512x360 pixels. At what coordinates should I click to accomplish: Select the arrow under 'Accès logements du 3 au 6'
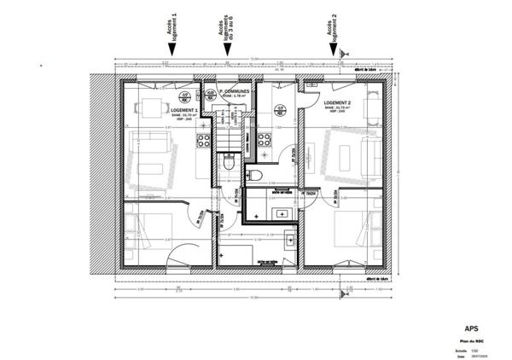tap(227, 50)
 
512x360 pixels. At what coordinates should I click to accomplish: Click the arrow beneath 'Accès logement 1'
tap(172, 50)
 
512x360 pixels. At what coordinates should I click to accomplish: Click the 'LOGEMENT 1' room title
tap(183, 111)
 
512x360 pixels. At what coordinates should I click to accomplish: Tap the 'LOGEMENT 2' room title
tap(339, 102)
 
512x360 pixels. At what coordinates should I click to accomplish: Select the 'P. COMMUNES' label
tap(232, 90)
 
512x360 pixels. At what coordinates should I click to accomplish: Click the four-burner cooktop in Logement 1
tap(203, 141)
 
